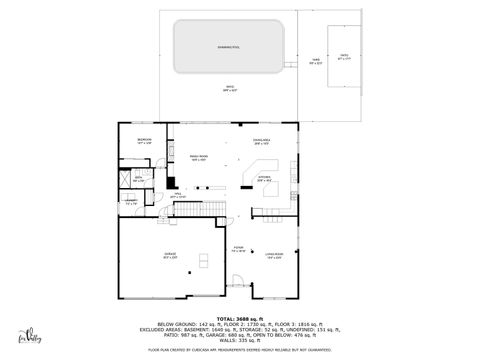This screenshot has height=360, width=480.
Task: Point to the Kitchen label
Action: pos(264,179)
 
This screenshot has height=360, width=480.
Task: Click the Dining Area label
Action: pos(262,140)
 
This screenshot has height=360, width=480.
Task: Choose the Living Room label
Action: pos(273,255)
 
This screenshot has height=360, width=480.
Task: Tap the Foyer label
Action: pos(238,250)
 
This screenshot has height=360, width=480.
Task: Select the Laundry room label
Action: pos(131,203)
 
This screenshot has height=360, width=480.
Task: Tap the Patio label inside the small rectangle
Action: pos(344,58)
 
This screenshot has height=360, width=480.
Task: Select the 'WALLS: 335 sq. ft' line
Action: pos(240,339)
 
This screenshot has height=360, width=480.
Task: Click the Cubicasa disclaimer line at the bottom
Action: pos(240,350)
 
